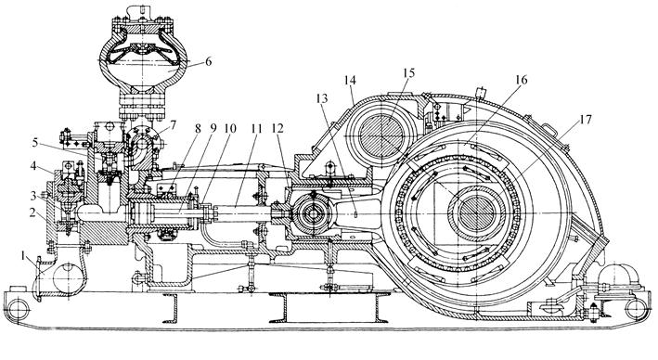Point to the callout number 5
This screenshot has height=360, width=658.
pyautogui.click(x=35, y=142)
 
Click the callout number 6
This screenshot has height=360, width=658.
pyautogui.click(x=207, y=61)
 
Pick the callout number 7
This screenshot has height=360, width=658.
pyautogui.click(x=173, y=124)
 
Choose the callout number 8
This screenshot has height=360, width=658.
pyautogui.click(x=198, y=128)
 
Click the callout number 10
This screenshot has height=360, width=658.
pyautogui.click(x=230, y=128)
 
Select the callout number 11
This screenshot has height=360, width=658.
pyautogui.click(x=256, y=128)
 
